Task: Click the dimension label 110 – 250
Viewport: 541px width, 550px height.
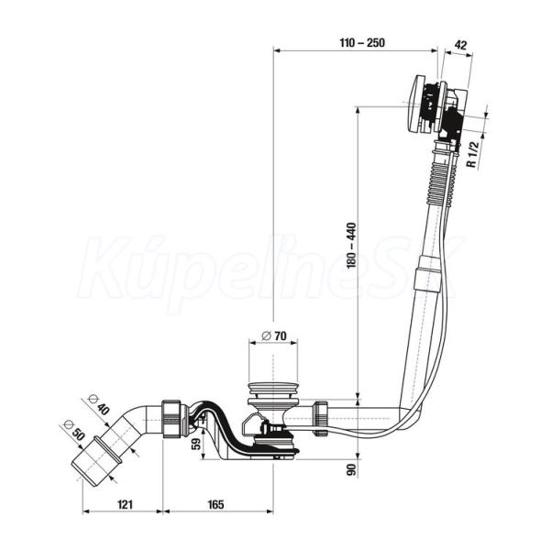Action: coord(362,43)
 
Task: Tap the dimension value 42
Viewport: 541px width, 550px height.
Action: coord(460,45)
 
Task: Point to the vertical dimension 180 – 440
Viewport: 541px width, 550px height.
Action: coord(352,245)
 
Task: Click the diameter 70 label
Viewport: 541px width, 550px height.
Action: coord(274,336)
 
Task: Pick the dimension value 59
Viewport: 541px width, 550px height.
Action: coord(196,444)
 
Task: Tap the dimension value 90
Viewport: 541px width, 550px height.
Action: coord(352,469)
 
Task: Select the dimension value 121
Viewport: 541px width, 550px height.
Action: coord(125,504)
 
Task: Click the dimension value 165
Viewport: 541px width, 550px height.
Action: coord(215,504)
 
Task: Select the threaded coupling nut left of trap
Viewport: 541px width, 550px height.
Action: coord(172,419)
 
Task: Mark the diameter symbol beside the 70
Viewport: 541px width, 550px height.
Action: coord(266,336)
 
